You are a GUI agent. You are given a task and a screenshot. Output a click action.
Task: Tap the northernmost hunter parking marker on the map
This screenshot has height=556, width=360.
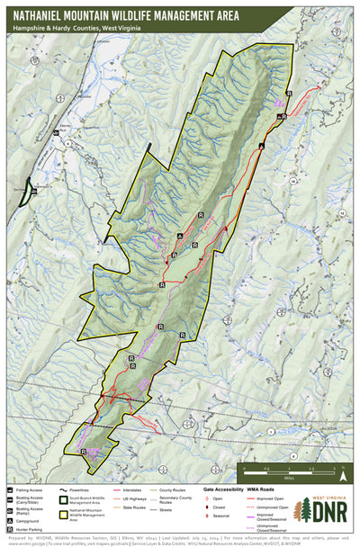[x=289, y=93]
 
